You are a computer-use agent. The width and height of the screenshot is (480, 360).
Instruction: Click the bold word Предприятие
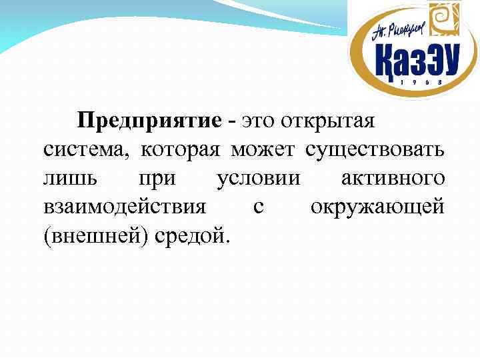pyautogui.click(x=149, y=122)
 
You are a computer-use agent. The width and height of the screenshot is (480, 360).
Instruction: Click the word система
pyautogui.click(x=86, y=149)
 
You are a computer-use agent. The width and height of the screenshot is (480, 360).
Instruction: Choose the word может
pyautogui.click(x=265, y=149)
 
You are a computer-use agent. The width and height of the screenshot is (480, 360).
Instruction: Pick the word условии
pyautogui.click(x=259, y=179)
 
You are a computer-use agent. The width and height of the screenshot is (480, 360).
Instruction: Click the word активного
pyautogui.click(x=392, y=179)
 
